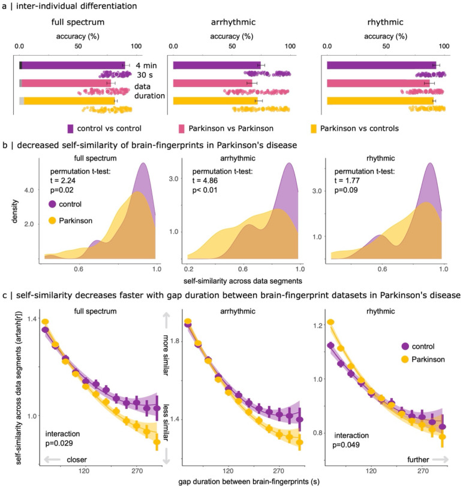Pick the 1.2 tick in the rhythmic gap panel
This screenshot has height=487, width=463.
click(315, 324)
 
